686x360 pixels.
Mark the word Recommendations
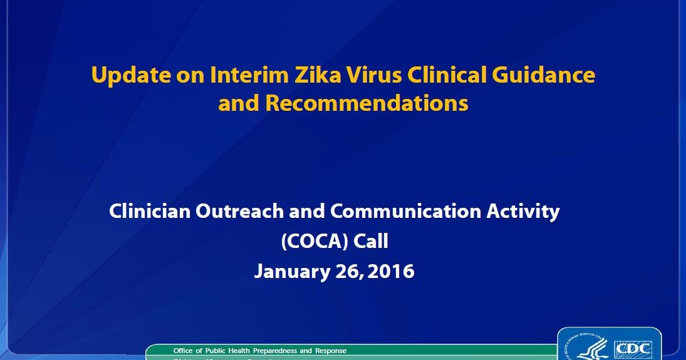tap(366, 103)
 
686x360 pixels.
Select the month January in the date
tap(290, 272)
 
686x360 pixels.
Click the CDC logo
tap(633, 349)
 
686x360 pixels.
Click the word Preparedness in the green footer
tap(279, 351)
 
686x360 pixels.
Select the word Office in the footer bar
tap(184, 351)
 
